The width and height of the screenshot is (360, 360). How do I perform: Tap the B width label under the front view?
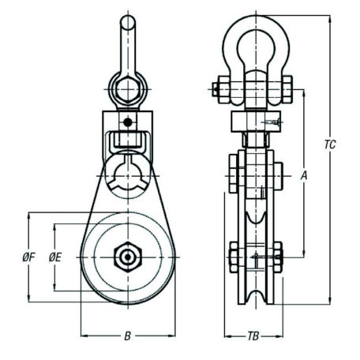coord(126,336)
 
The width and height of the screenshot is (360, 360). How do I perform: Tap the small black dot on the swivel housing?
coord(126,122)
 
